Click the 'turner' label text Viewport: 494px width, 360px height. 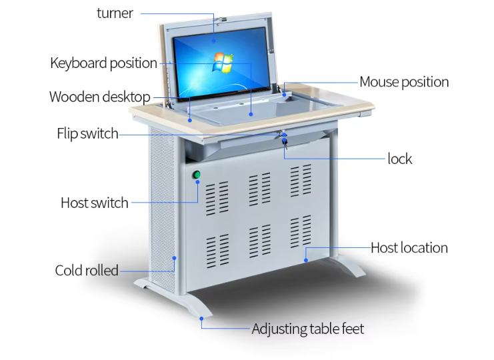115,13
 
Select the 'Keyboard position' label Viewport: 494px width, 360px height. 103,63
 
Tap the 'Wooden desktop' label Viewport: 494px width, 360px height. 99,97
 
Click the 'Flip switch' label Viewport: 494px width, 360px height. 87,134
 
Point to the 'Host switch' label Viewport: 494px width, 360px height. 94,203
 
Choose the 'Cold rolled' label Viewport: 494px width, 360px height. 86,271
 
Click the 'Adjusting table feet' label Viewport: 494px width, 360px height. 307,329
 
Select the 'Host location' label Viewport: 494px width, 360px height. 409,248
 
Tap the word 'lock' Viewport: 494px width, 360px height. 399,159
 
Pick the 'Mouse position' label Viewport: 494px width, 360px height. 404,82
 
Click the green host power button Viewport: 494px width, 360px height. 197,175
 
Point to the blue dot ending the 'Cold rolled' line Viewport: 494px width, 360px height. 175,257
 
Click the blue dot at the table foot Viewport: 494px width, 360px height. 201,319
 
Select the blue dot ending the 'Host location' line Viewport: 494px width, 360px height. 306,257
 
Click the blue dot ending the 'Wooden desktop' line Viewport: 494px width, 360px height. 191,121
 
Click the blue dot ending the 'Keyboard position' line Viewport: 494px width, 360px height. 251,114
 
